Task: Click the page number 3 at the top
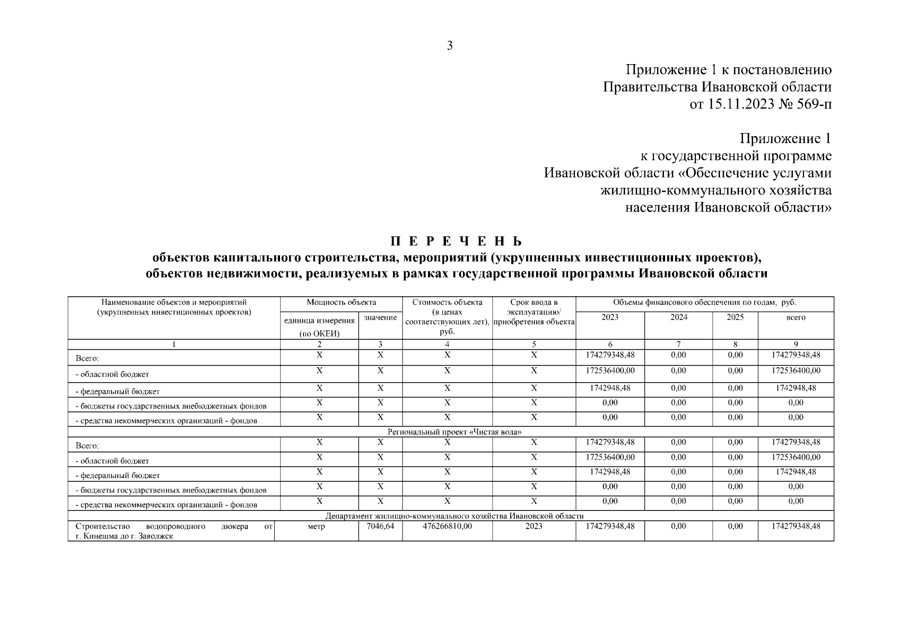[x=450, y=46]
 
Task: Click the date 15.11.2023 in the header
[x=740, y=104]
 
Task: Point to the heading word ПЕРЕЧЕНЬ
[x=456, y=242]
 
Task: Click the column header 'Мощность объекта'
[x=341, y=303]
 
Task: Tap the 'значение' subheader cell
[x=380, y=317]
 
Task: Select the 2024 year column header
[x=678, y=317]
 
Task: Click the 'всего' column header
[x=796, y=317]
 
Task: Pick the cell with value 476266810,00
[x=447, y=526]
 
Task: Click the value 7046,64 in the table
[x=380, y=526]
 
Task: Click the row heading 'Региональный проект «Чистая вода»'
[x=455, y=432]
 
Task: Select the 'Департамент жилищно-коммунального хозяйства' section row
[x=455, y=516]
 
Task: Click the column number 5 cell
[x=534, y=344]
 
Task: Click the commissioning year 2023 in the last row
[x=534, y=526]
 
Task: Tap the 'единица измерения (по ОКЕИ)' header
[x=319, y=326]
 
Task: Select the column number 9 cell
[x=796, y=344]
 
